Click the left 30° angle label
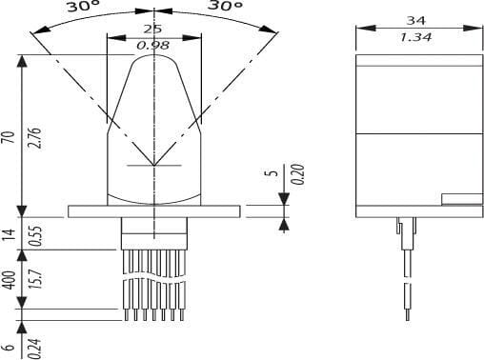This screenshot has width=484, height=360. click(83, 6)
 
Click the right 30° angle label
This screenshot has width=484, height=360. click(226, 5)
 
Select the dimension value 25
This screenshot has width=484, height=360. click(152, 29)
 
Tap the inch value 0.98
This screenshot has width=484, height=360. click(152, 46)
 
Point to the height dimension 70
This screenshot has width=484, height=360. click(9, 137)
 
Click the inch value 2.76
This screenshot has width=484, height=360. click(34, 137)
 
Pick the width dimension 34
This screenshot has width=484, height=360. click(415, 20)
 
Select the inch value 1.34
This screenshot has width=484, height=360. click(415, 37)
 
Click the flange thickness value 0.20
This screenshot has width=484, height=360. click(298, 174)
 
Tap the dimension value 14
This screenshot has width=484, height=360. click(9, 234)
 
